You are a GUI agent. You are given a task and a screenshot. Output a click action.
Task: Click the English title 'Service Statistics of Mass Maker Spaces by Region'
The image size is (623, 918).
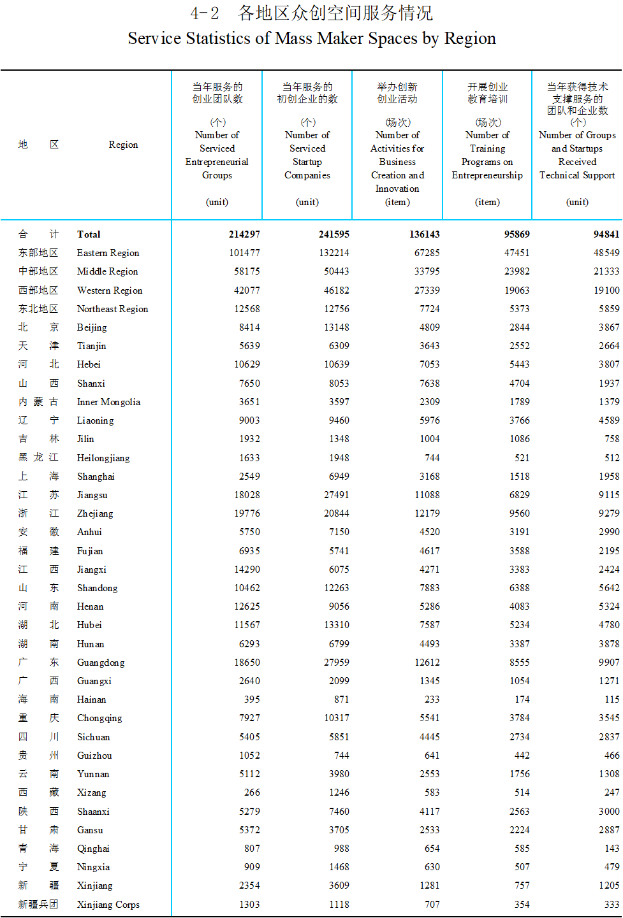(312, 39)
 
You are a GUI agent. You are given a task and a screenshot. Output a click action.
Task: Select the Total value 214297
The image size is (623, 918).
(244, 234)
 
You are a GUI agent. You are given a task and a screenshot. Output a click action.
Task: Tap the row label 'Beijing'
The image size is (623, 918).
(92, 327)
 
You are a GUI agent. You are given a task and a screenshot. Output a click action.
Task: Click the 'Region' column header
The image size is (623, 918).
(123, 145)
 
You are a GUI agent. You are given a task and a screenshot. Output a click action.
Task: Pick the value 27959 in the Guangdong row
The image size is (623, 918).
(336, 663)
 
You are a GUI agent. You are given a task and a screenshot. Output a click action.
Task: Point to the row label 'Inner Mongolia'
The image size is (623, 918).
(108, 402)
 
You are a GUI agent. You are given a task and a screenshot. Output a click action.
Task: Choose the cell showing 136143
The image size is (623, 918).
(424, 234)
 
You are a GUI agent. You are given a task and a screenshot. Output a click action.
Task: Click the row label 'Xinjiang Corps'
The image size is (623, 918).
(108, 905)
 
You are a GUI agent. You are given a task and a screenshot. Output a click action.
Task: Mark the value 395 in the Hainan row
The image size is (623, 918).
(252, 699)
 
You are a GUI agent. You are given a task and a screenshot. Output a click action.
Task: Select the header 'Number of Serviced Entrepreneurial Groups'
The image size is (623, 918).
(217, 155)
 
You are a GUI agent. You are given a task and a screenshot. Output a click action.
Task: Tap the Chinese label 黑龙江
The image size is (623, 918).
(38, 457)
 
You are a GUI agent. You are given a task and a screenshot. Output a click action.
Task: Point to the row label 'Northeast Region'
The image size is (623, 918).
(112, 309)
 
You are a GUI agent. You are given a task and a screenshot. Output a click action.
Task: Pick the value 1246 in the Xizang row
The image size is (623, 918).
(339, 792)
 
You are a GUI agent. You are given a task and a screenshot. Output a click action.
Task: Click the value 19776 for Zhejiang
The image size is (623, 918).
(247, 513)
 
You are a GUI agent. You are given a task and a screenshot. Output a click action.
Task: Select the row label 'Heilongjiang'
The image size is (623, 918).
(103, 458)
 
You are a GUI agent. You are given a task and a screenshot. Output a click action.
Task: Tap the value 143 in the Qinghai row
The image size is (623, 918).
(612, 849)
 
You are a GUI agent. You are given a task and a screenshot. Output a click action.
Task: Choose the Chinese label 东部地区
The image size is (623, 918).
(38, 253)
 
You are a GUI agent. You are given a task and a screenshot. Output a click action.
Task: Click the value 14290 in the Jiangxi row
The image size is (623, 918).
(247, 570)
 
